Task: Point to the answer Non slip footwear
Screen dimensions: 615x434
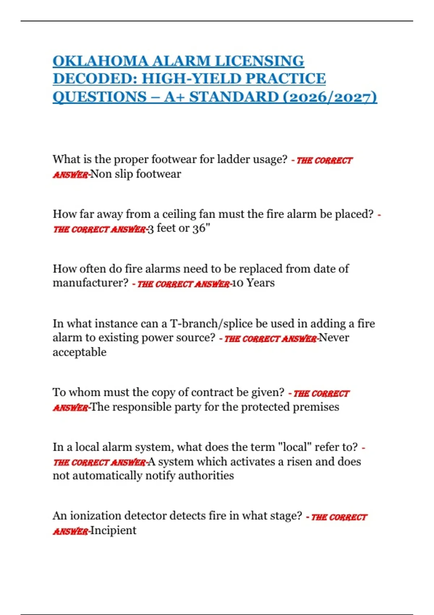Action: [135, 174]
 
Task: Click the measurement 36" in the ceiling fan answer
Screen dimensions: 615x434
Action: [201, 229]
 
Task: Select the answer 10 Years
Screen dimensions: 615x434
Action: [253, 283]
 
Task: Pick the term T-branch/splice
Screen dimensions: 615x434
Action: [211, 323]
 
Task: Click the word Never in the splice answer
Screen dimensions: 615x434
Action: [333, 338]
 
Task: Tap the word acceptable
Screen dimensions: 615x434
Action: [80, 352]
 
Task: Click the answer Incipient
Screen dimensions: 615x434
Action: [113, 531]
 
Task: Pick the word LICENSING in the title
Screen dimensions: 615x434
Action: [259, 61]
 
